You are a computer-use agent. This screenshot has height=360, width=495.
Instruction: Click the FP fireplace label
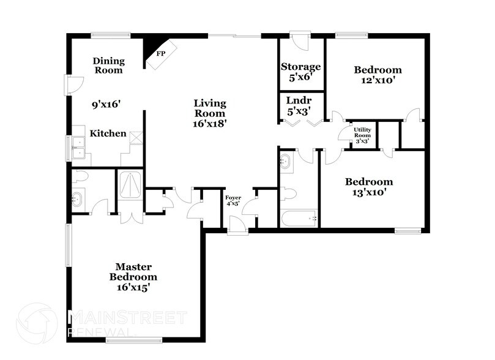(162, 54)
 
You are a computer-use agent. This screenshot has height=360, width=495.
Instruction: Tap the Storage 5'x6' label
(300, 72)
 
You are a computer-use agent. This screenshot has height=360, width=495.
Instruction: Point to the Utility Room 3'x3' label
(362, 134)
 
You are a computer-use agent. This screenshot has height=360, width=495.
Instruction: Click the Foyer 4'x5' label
(233, 201)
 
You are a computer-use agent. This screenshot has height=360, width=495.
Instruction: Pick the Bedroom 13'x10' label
(368, 187)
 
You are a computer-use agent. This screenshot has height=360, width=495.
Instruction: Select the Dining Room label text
(109, 66)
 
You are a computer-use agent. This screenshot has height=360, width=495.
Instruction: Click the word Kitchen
(108, 133)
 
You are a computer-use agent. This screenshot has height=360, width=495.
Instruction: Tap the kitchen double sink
(78, 147)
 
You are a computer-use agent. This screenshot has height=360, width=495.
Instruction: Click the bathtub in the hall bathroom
(298, 218)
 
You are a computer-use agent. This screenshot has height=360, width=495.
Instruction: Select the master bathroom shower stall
(130, 185)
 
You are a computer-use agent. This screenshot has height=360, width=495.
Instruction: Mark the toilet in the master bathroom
(81, 177)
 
